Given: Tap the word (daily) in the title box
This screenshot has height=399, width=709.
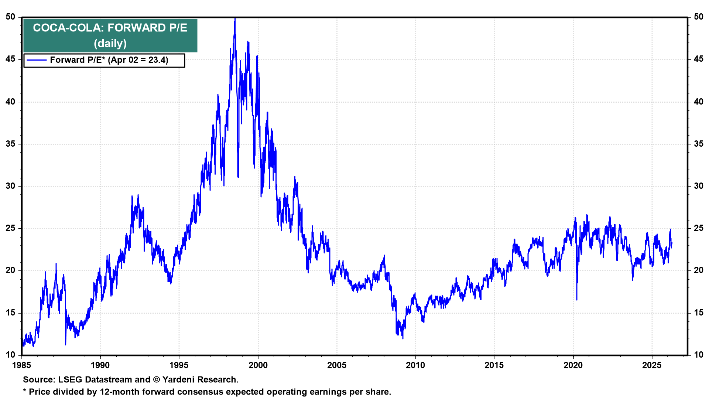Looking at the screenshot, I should click(x=110, y=44).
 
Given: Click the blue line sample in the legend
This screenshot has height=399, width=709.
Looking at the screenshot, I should click(x=37, y=60).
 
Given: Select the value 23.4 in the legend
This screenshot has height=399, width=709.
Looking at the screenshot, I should click(x=158, y=60).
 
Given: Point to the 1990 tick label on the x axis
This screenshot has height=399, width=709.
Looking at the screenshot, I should click(x=100, y=365).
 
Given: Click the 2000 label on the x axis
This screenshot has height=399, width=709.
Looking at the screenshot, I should click(x=258, y=365).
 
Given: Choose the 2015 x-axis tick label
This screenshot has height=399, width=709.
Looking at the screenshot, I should click(x=494, y=365).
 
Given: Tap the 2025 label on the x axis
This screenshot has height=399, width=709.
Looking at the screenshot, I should click(x=652, y=365).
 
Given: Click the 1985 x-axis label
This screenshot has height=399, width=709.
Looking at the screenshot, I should click(x=22, y=365).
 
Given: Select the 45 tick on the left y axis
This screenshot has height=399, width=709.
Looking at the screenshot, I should click(x=10, y=59).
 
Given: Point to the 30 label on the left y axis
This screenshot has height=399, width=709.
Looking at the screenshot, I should click(x=10, y=186).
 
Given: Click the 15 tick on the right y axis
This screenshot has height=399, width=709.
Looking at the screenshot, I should click(x=698, y=313).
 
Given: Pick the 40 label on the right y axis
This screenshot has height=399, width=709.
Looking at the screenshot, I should click(x=698, y=102).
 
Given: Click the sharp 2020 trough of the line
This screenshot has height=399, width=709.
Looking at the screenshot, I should click(x=577, y=300).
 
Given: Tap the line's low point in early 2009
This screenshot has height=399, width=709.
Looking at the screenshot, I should click(x=403, y=338).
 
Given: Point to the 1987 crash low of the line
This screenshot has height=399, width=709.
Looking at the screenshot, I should click(x=66, y=344).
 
